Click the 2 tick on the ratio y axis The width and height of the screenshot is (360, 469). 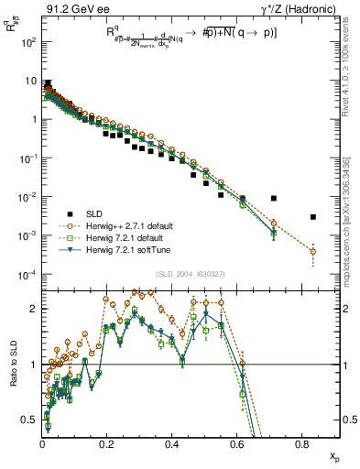click(x=34, y=309)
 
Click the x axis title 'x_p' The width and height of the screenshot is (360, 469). click(x=333, y=457)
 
